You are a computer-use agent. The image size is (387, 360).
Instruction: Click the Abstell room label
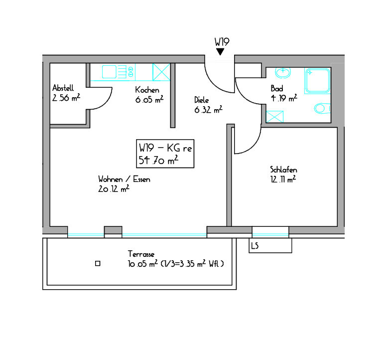click(63, 88)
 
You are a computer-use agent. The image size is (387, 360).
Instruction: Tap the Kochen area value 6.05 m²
click(149, 100)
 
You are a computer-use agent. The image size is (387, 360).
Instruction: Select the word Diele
click(201, 100)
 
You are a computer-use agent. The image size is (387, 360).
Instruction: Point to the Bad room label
click(276, 88)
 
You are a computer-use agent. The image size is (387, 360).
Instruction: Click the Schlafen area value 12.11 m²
click(283, 179)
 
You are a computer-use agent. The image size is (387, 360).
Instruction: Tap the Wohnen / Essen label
click(124, 179)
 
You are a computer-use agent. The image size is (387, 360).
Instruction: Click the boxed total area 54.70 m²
click(158, 160)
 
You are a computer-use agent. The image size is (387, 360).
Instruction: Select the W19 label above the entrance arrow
click(222, 42)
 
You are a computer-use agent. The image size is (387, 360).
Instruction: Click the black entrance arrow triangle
click(220, 51)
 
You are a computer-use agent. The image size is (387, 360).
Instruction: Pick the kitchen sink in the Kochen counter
click(109, 72)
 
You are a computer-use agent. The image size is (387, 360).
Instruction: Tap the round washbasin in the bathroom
click(283, 72)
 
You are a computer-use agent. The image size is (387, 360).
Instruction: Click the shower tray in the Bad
click(318, 81)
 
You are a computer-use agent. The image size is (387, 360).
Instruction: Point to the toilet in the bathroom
click(322, 109)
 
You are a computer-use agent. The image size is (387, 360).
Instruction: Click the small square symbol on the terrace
click(98, 263)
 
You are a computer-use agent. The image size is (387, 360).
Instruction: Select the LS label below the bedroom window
click(255, 246)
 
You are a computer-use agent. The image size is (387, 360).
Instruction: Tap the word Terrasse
click(141, 254)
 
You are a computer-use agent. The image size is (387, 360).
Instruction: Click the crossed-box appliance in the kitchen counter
click(161, 72)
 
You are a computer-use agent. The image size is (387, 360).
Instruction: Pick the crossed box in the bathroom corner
click(275, 117)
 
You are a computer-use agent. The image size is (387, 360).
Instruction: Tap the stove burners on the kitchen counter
click(130, 72)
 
